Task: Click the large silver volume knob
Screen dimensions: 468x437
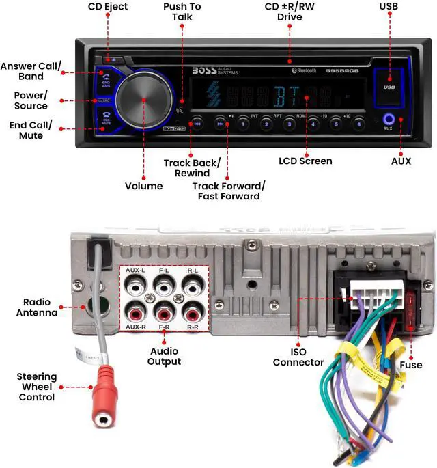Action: [145, 100]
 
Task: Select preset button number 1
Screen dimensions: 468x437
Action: [244, 124]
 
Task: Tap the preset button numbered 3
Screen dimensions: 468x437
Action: [289, 124]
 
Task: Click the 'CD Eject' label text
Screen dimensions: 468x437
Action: [108, 8]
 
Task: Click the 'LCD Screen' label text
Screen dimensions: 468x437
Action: [305, 161]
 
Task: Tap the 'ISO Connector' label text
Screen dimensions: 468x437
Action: [298, 357]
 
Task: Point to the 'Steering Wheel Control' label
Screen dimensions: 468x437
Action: [37, 387]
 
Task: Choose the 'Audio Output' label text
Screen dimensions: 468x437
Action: [165, 356]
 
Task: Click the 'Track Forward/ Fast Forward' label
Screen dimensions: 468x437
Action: [228, 191]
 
